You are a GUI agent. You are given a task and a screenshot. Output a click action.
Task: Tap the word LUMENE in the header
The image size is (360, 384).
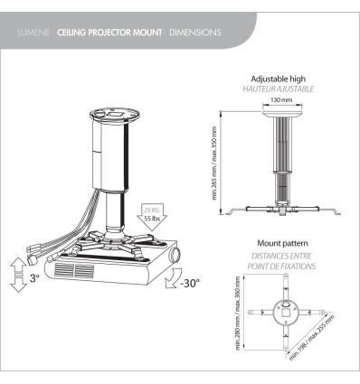(x=34, y=33)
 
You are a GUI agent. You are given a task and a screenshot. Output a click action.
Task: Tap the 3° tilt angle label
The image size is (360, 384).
(x=33, y=278)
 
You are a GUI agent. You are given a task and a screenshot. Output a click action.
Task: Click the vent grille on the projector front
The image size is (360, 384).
(x=72, y=270)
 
